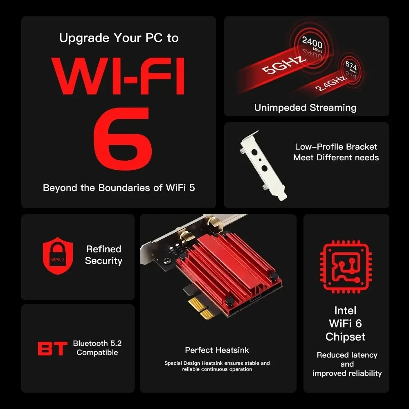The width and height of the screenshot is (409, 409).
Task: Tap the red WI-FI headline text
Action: pos(119,76)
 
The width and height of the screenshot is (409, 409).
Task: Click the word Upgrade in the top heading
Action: pos(84,38)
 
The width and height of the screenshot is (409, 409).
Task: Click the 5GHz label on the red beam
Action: pos(283,65)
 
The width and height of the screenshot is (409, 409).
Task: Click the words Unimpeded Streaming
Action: pos(305,108)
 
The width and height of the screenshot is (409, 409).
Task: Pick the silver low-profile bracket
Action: pos(263,165)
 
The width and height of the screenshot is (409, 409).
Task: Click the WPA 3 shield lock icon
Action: pos(58,256)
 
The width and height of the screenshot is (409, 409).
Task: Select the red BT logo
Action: pos(52,348)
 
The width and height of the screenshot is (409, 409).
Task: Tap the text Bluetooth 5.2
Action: pos(97,343)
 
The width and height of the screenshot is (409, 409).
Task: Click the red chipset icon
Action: pos(346,267)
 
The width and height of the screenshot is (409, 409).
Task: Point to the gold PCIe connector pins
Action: pos(201,308)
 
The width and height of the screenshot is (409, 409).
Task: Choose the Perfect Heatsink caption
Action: pos(217,350)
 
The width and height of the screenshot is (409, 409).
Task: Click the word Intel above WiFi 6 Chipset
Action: pos(345,310)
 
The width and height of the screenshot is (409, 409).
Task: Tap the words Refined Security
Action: pos(103,255)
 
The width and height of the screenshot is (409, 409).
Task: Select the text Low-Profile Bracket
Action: pos(336,146)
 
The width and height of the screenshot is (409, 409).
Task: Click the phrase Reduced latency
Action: pos(347,355)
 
